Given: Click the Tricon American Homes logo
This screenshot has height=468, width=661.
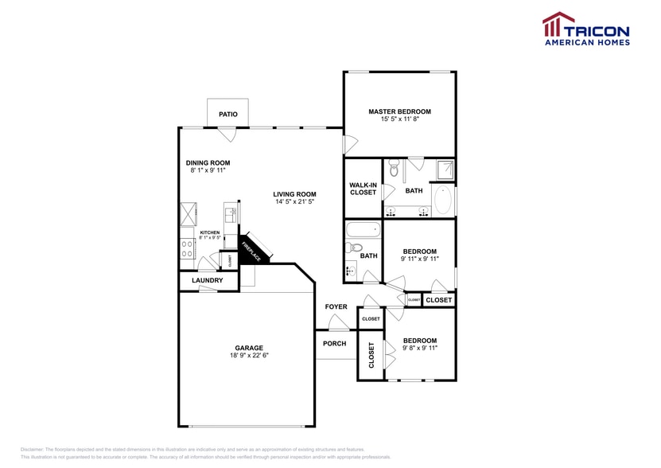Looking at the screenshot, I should [585, 29].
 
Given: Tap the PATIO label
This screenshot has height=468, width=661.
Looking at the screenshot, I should [228, 115].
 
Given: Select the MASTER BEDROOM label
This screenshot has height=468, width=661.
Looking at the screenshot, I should [399, 111].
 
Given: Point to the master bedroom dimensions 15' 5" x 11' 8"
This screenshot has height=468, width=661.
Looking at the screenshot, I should [399, 119].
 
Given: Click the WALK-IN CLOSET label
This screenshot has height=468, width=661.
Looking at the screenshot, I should [363, 189].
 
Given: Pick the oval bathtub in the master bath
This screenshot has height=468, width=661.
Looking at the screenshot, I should [443, 200].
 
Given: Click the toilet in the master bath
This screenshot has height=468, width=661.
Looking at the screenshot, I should [394, 169].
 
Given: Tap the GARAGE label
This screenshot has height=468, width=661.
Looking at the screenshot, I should [248, 348].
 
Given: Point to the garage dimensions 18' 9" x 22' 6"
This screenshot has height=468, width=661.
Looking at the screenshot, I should [248, 356].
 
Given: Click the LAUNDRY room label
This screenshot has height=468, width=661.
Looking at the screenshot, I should [208, 281].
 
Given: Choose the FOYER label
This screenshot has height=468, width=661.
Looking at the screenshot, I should [336, 306].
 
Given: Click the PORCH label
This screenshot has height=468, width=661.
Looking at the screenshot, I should [335, 344].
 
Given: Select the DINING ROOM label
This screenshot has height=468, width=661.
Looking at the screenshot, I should [208, 162].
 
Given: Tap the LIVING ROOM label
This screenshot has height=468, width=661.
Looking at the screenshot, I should [294, 194].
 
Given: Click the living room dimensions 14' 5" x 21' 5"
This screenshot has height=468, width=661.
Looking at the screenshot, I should [294, 202].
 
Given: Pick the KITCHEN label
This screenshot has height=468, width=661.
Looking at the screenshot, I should [210, 232].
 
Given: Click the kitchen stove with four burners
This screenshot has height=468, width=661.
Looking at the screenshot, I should [189, 249].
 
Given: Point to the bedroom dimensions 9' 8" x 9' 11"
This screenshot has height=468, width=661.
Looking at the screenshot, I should [419, 348].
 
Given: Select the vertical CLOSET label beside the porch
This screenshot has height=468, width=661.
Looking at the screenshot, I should [371, 355].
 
